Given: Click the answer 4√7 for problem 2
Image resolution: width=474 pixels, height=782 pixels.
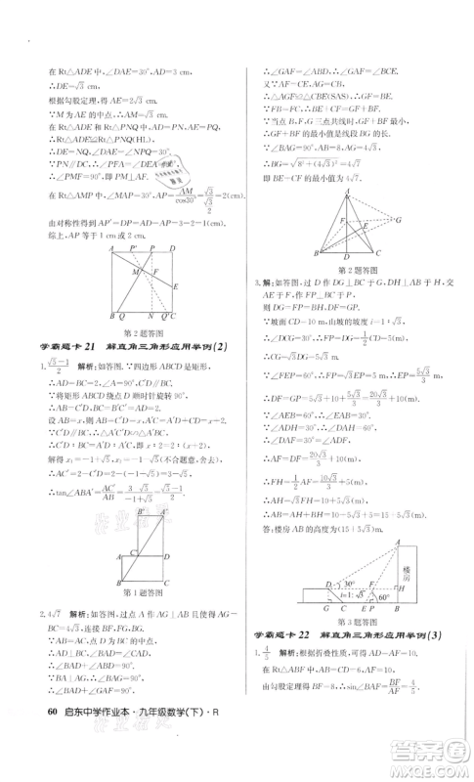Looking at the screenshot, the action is (40, 614).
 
